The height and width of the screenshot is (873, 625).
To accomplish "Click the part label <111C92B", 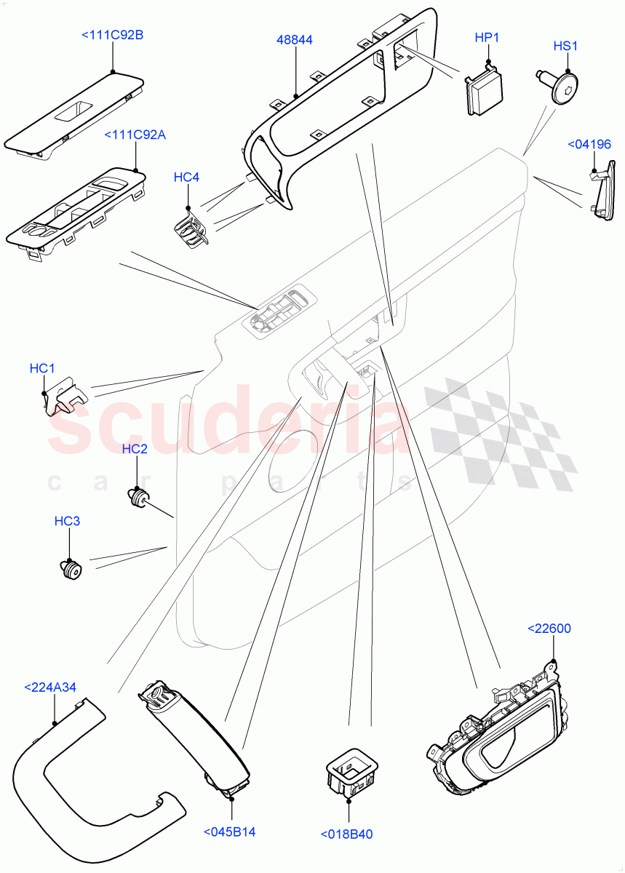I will pyautogui.click(x=112, y=34).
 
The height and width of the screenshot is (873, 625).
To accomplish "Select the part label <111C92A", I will pyautogui.click(x=135, y=135).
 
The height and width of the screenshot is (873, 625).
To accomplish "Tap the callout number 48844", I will pyautogui.click(x=295, y=40).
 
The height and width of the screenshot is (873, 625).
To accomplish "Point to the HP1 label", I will pyautogui.click(x=487, y=37).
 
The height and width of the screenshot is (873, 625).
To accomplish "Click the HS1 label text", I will pyautogui.click(x=565, y=46).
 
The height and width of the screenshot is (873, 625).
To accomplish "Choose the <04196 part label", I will pyautogui.click(x=589, y=145).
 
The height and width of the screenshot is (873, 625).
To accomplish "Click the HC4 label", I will pyautogui.click(x=186, y=177).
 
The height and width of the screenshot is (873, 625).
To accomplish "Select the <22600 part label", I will pyautogui.click(x=551, y=628).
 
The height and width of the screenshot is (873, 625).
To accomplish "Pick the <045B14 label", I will pyautogui.click(x=229, y=832).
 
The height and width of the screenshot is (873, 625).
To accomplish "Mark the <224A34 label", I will pyautogui.click(x=50, y=687).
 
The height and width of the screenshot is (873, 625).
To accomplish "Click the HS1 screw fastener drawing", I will pyautogui.click(x=560, y=88).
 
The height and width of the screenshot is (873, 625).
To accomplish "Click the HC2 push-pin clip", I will pyautogui.click(x=137, y=498).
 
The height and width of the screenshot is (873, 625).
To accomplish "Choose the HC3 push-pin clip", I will pyautogui.click(x=69, y=570).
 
